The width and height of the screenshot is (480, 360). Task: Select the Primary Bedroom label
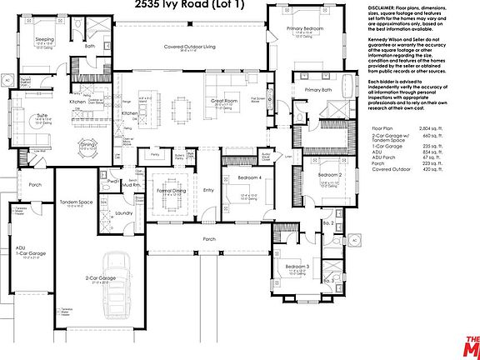(x=306, y=28)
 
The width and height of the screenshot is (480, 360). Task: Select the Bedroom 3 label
(x=297, y=266)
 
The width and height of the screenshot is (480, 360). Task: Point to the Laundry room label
(x=124, y=213)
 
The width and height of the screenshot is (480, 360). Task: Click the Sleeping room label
(x=44, y=39)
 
